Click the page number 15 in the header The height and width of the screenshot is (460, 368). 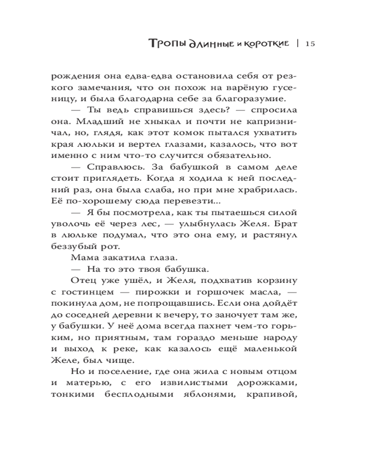309,44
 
